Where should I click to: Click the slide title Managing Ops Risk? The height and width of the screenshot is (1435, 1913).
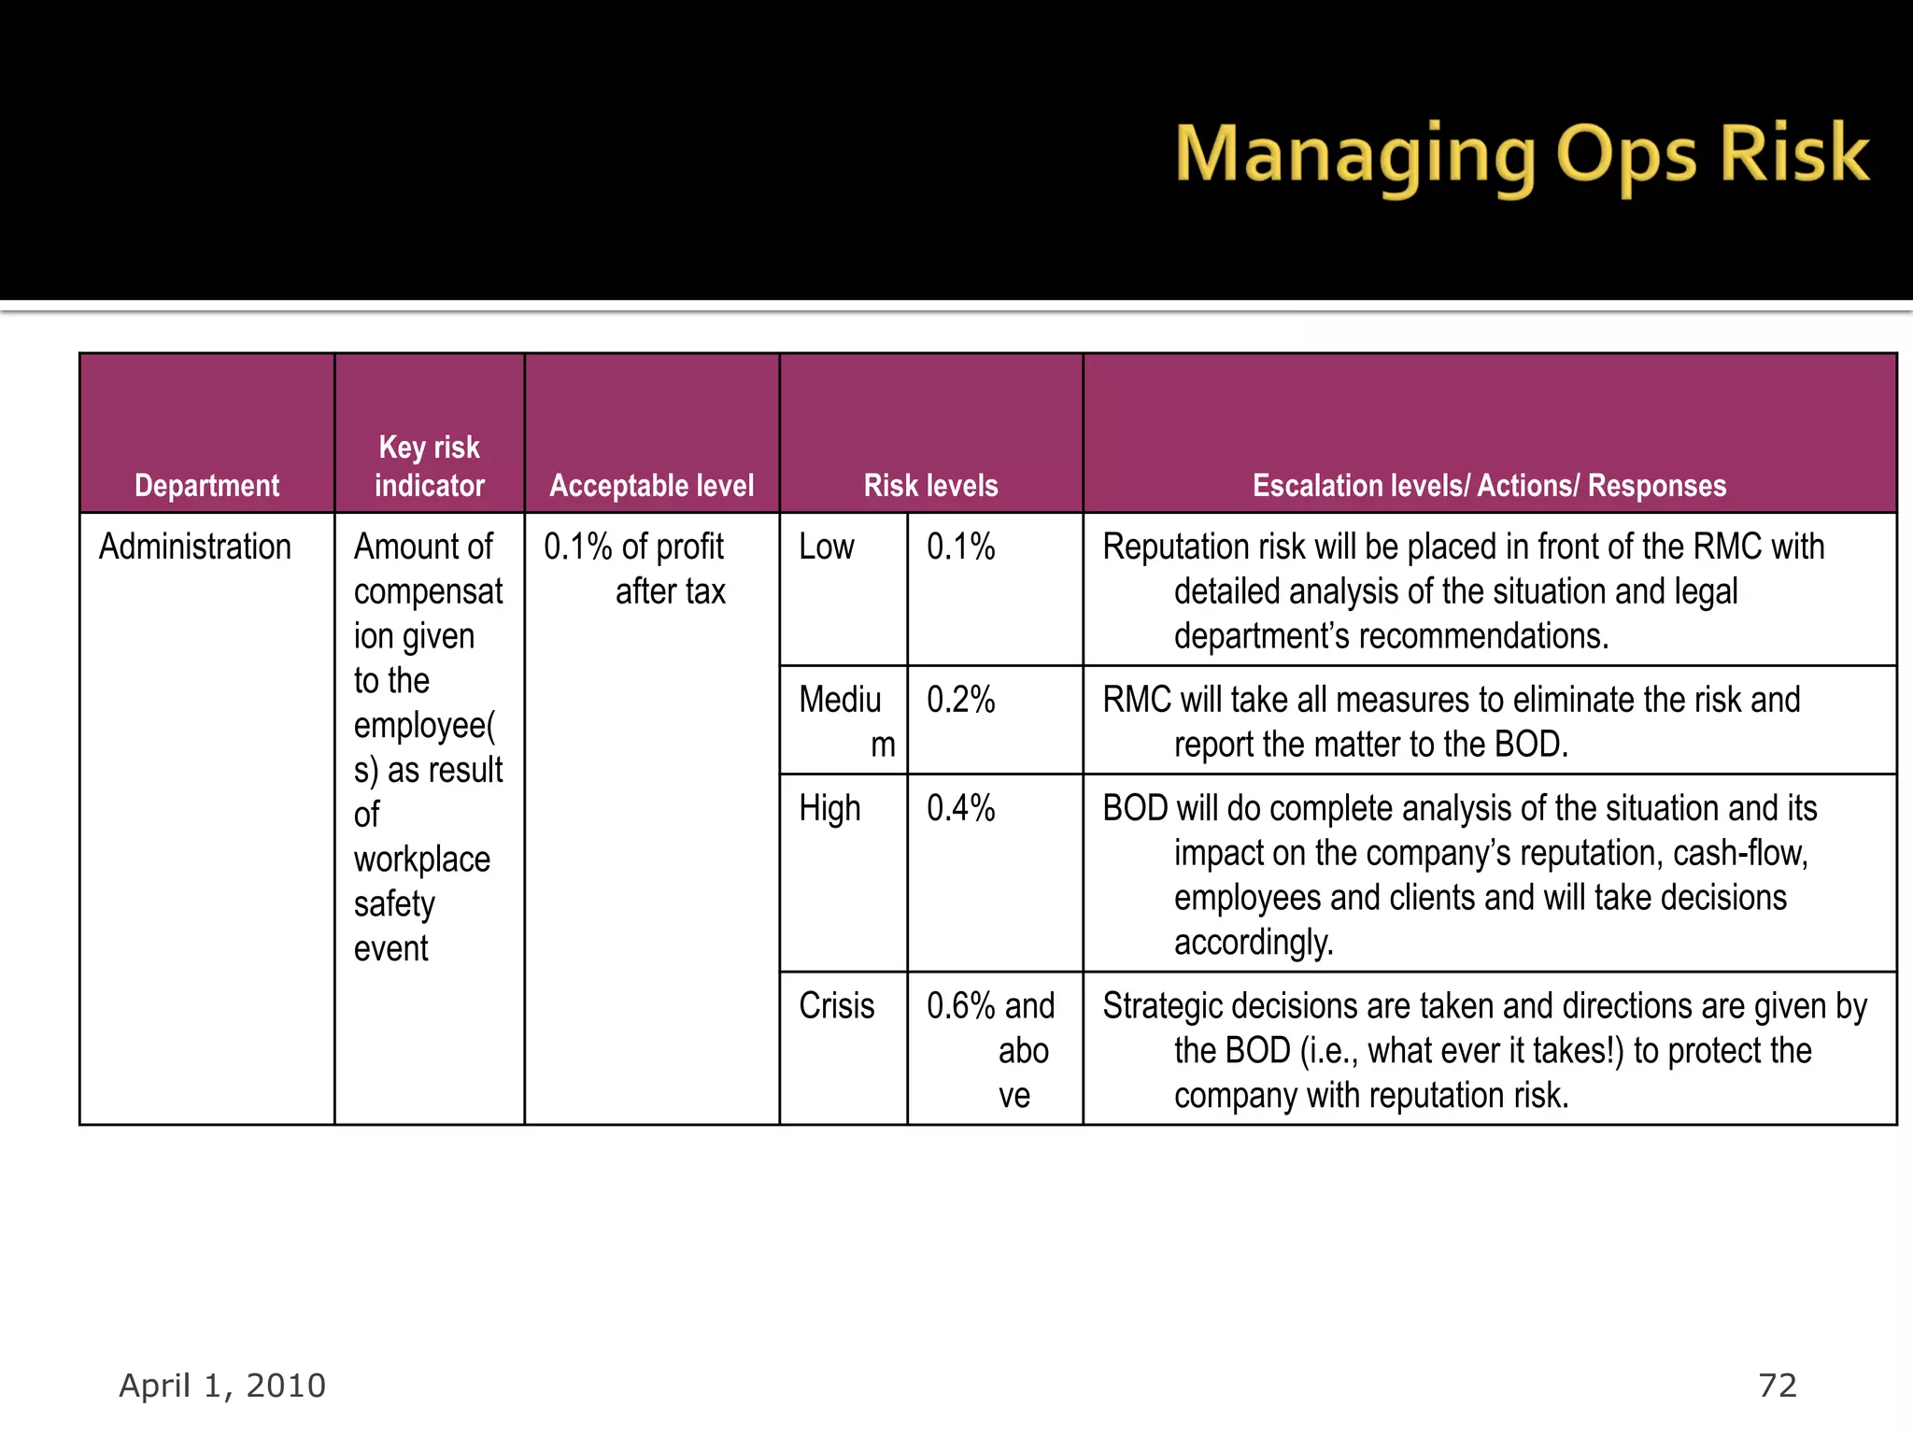tap(1522, 155)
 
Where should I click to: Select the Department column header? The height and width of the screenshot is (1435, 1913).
tap(206, 486)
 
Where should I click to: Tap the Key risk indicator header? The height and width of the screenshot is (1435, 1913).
tap(429, 466)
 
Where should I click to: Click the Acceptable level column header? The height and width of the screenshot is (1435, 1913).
tap(651, 486)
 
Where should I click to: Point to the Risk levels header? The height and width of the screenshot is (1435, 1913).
tap(930, 486)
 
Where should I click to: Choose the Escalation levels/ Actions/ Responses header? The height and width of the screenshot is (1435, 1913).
tap(1489, 486)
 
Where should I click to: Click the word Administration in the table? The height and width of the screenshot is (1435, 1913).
tap(195, 547)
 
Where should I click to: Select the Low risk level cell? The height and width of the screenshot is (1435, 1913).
tap(827, 547)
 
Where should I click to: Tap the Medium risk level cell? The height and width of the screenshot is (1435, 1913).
tap(842, 719)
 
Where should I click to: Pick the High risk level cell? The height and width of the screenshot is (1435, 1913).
tap(829, 809)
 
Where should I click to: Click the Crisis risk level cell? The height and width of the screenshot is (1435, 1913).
tap(837, 1006)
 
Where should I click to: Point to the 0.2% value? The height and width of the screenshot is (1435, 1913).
tap(960, 700)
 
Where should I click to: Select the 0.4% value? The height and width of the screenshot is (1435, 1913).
tap(960, 808)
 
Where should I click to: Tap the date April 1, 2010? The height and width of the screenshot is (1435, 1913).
tap(222, 1385)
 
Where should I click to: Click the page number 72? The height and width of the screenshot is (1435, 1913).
tap(1778, 1385)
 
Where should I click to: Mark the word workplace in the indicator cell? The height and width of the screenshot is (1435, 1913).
tap(422, 860)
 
